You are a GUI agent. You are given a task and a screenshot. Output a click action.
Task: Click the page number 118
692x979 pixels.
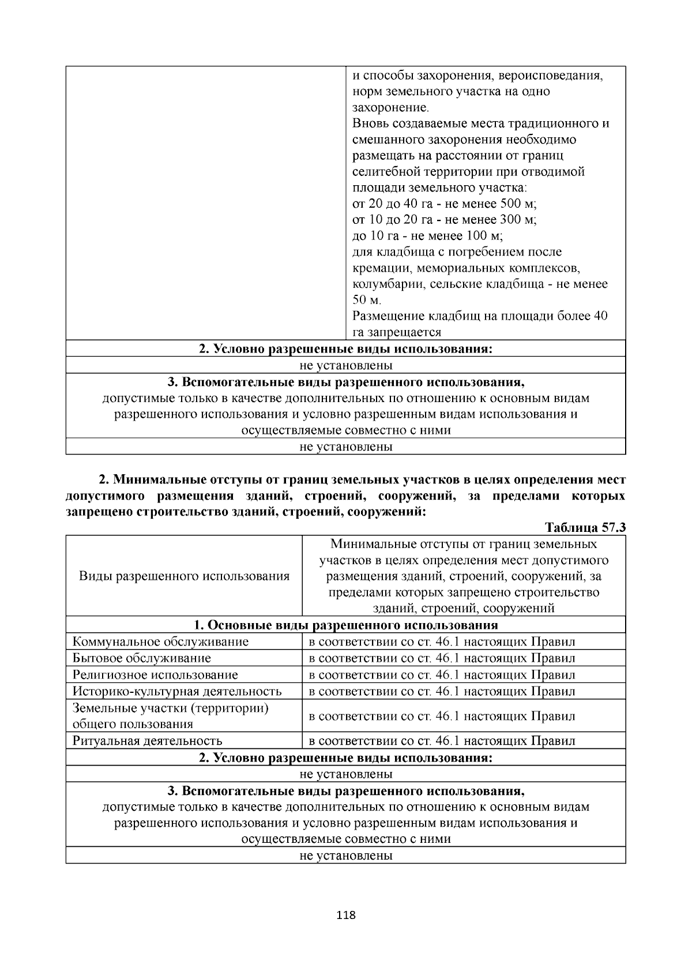345,915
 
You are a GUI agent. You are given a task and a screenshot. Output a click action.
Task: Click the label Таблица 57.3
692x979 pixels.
585,528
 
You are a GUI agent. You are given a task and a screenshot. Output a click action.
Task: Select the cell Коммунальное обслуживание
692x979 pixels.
161,642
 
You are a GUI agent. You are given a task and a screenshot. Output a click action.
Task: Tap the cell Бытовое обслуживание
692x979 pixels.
142,658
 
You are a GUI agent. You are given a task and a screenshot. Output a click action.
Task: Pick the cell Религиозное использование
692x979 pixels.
155,675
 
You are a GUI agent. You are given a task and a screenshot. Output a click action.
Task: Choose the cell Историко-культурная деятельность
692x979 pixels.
177,691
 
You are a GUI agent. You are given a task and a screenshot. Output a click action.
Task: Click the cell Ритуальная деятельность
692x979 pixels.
148,741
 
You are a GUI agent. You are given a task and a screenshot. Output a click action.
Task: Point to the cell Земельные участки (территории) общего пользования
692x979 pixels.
171,716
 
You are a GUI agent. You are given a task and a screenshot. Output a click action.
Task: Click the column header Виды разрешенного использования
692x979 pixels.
184,576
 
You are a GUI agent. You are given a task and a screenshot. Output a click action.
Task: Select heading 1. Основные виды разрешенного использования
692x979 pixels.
345,625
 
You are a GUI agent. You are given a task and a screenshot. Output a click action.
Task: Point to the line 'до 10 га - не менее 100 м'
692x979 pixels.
428,236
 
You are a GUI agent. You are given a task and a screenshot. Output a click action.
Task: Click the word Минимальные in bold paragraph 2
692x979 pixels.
153,480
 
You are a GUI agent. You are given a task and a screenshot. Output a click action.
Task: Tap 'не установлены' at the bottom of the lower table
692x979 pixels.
345,856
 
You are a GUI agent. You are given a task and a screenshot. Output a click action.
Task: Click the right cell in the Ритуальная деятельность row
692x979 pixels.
442,741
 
